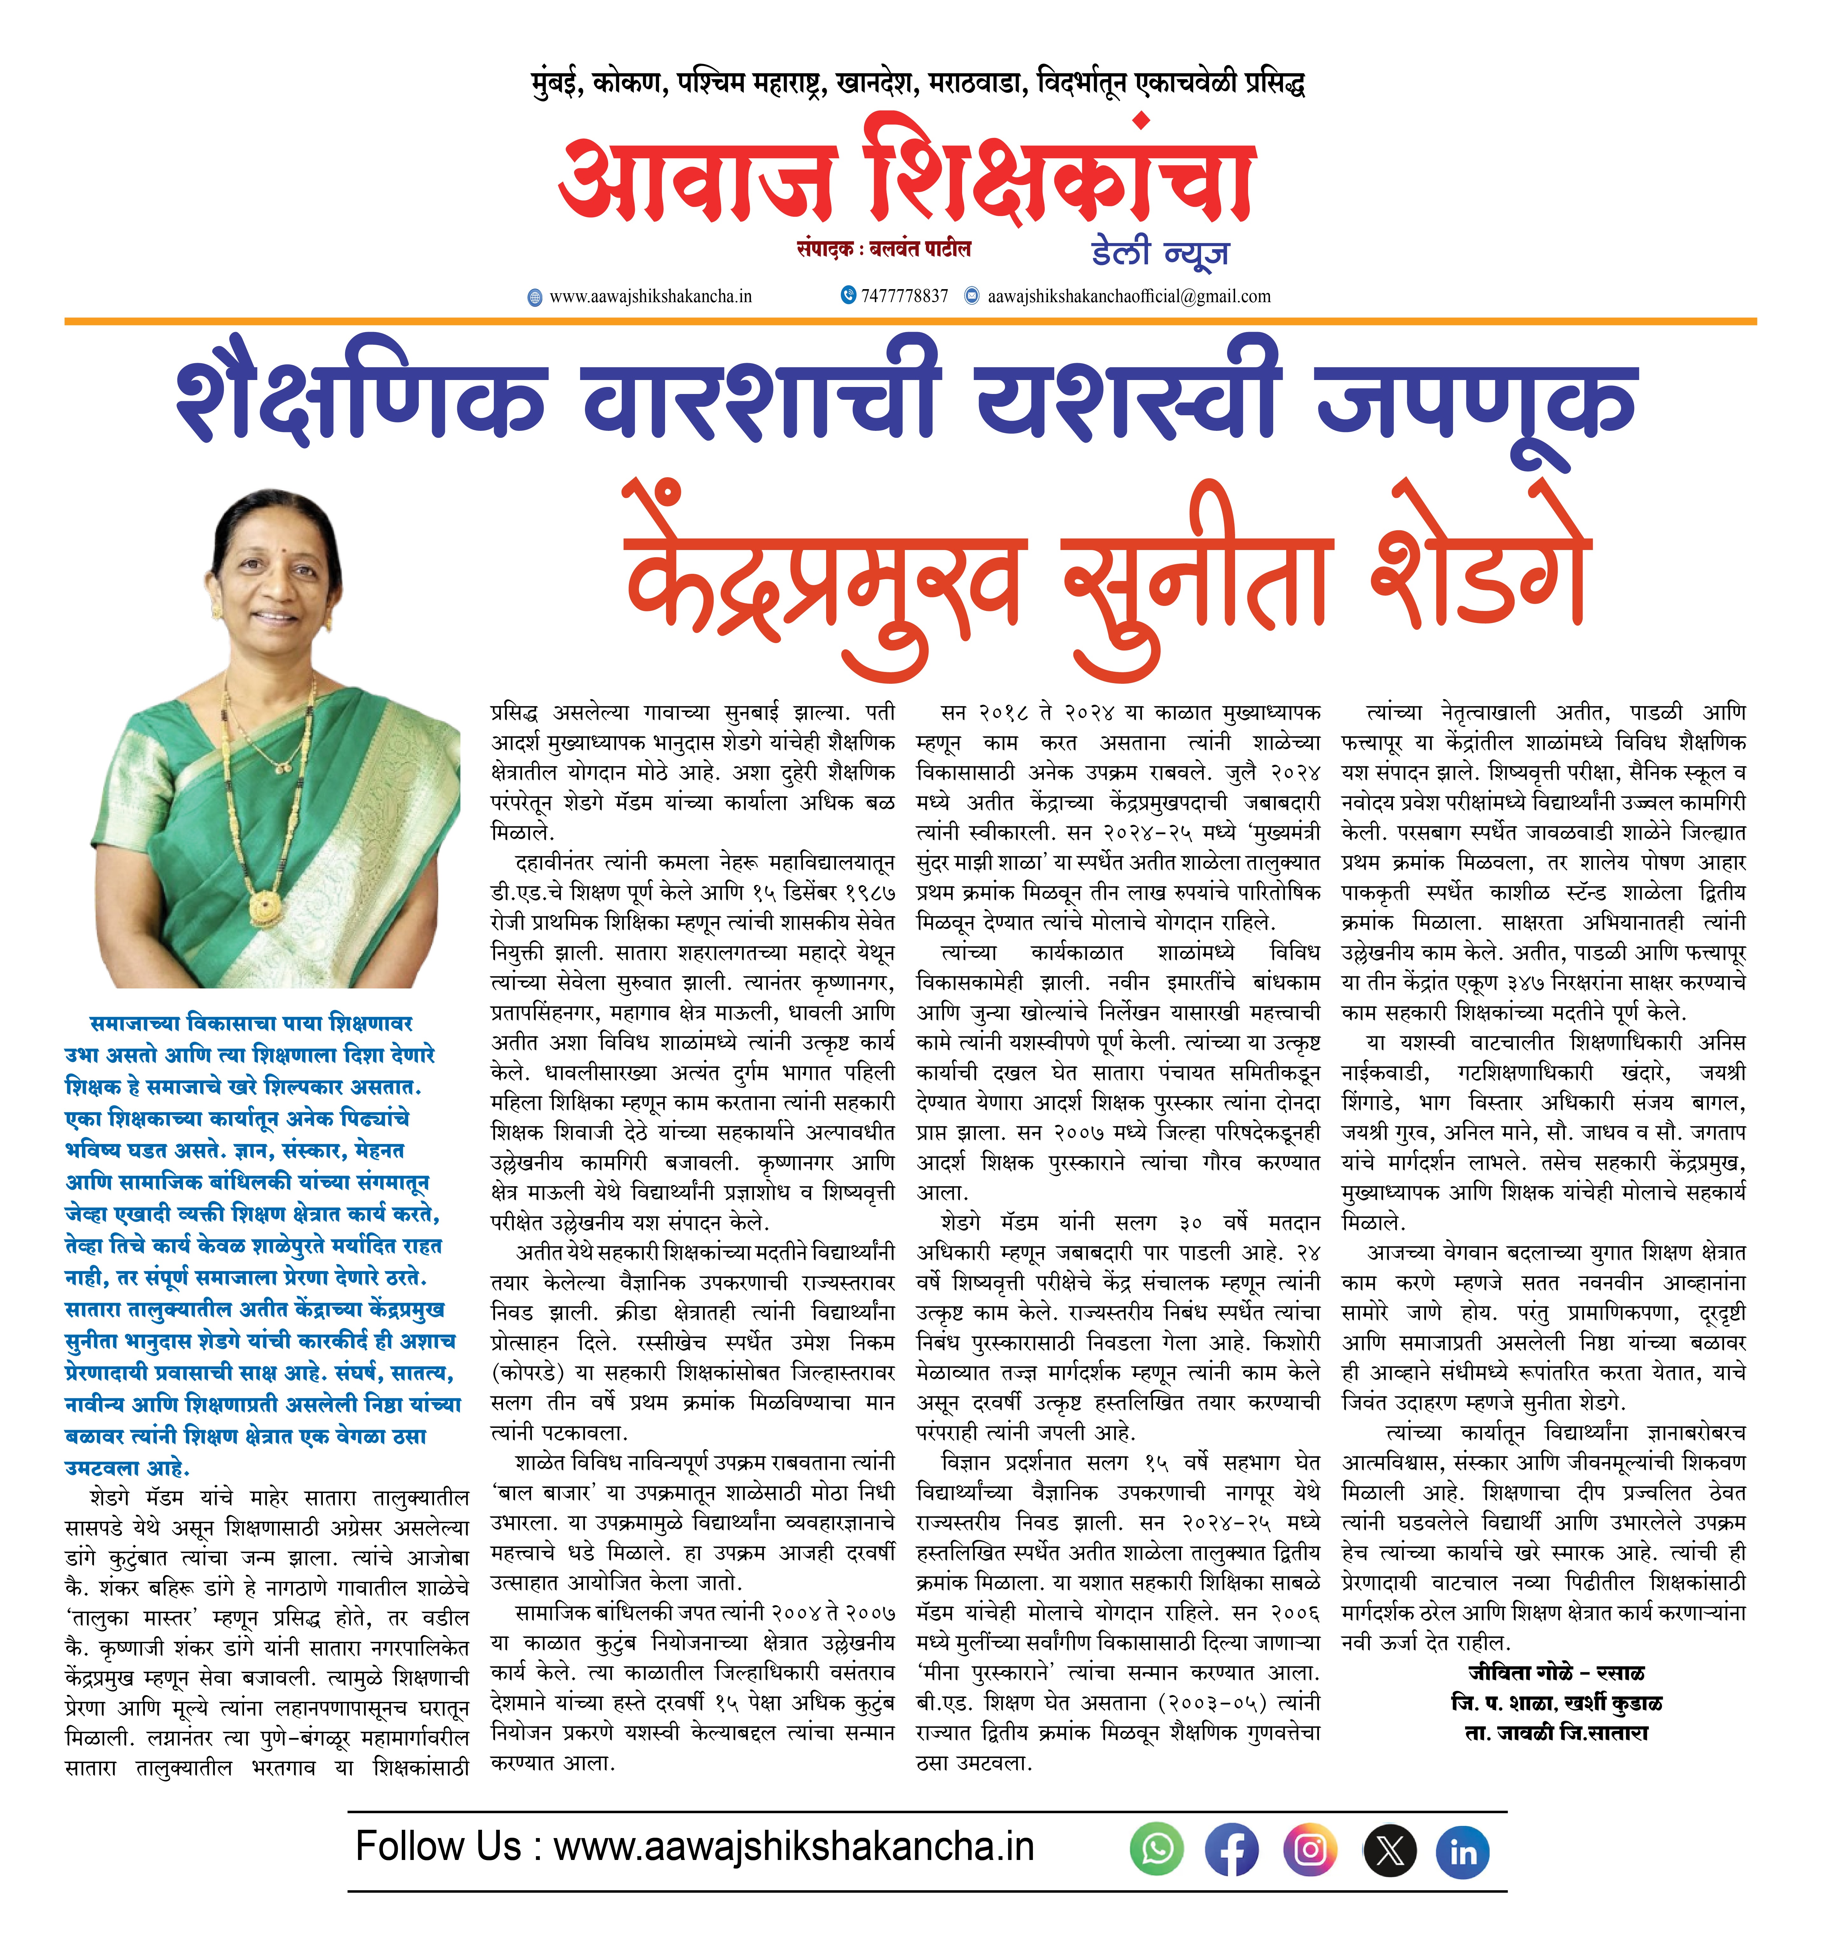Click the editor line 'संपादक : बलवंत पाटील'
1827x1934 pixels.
click(883, 249)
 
